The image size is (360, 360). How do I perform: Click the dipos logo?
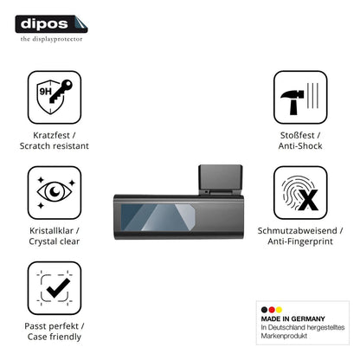tap(51, 24)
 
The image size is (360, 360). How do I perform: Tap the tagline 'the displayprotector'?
tap(51, 39)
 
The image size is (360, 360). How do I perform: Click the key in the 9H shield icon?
tap(61, 92)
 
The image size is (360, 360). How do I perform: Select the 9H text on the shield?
tap(45, 92)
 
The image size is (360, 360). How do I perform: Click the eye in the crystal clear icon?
tap(55, 191)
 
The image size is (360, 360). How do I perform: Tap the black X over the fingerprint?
tap(308, 200)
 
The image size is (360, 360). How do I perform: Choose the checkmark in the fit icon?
tap(58, 288)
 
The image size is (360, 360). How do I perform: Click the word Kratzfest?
tap(51, 135)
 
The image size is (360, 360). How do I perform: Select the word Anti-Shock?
tap(300, 145)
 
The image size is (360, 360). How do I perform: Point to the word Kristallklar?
tap(51, 230)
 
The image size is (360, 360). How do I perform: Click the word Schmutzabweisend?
tap(297, 230)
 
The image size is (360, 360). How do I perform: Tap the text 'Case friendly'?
tap(55, 337)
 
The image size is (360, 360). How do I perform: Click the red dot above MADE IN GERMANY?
tap(272, 310)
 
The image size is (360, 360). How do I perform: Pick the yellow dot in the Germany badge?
tap(279, 310)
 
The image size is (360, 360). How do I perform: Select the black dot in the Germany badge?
tap(264, 310)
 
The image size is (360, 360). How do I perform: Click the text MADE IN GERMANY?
tap(293, 318)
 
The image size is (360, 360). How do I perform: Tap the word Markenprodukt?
tap(284, 336)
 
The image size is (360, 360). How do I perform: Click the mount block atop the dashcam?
tap(221, 179)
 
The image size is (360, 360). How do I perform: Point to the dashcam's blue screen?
tap(157, 217)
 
